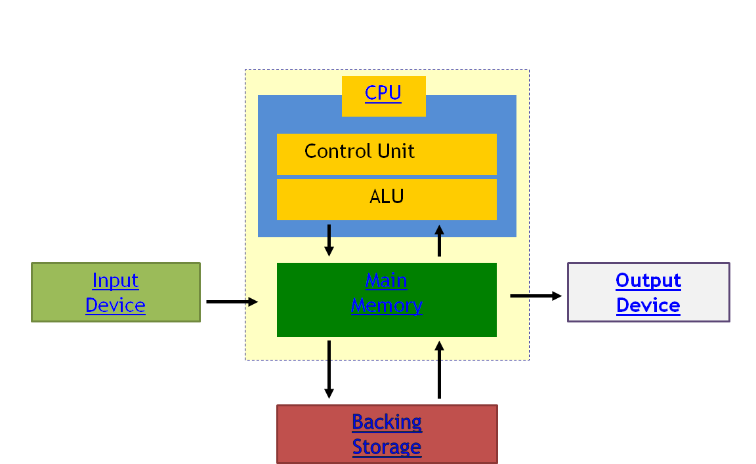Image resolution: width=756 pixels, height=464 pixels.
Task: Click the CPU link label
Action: click(383, 93)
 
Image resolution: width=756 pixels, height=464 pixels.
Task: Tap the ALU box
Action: click(387, 199)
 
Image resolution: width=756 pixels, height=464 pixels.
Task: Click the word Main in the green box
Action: click(387, 280)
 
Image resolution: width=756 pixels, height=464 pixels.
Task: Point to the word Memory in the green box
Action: click(387, 305)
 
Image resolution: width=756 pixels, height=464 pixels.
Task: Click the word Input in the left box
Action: click(115, 280)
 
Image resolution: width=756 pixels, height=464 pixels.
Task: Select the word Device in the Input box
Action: click(115, 305)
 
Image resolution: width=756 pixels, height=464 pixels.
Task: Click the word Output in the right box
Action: click(648, 280)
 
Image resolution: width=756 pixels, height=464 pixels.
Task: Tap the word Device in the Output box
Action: click(648, 305)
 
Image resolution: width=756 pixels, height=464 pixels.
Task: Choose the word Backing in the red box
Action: click(387, 422)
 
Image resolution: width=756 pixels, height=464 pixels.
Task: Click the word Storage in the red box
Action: click(387, 447)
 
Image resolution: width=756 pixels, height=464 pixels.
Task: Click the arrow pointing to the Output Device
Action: click(535, 296)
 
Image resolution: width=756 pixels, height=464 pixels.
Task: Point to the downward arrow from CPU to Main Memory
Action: click(329, 241)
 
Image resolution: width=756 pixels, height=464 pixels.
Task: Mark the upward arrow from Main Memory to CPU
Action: click(439, 241)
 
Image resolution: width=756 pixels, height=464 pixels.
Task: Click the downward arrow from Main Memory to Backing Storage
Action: click(329, 369)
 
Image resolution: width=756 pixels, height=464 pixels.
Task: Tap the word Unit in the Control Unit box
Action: click(397, 151)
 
